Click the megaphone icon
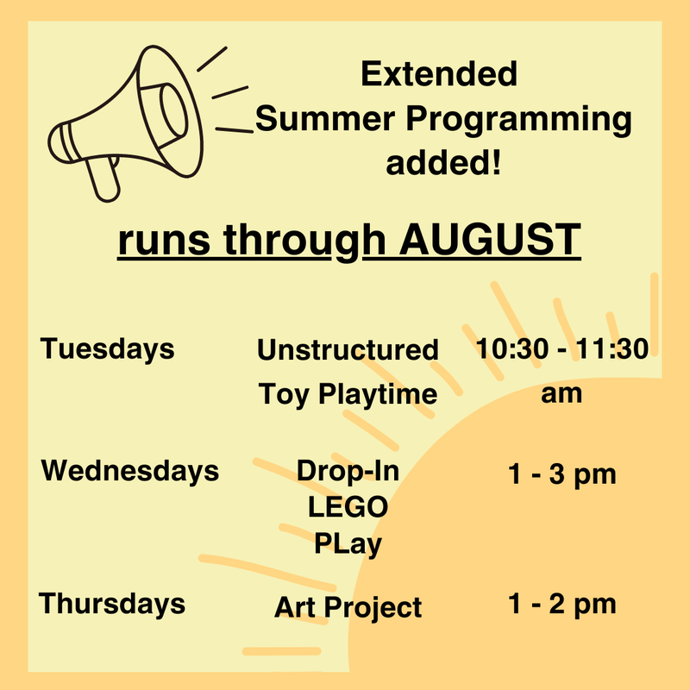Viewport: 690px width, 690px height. pos(129,121)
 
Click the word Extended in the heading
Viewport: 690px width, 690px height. pos(439,74)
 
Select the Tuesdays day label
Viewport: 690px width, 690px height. pos(107,349)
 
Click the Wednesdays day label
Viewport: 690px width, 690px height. pos(130,471)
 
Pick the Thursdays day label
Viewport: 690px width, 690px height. pos(112,603)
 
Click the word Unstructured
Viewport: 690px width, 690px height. pos(348,350)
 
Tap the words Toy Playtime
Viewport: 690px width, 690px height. pos(348,395)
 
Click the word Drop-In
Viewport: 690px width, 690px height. pos(348,472)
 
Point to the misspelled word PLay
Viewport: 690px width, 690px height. pos(348,544)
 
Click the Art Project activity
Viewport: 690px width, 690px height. pos(348,607)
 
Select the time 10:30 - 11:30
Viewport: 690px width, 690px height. pos(561,349)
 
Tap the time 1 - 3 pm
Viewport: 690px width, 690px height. pos(561,474)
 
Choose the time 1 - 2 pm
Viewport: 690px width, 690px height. pos(561,604)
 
